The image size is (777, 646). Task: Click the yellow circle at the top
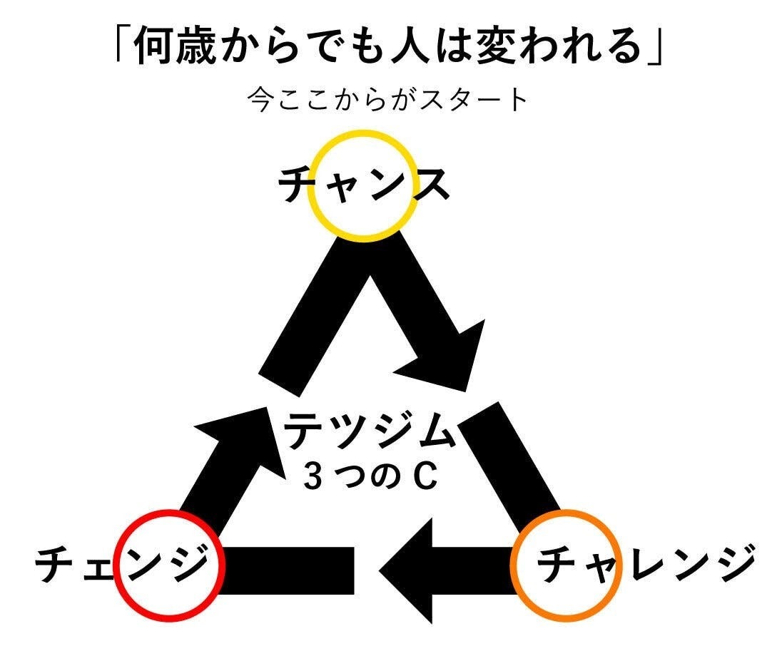(364, 185)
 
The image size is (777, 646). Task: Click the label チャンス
(364, 185)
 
